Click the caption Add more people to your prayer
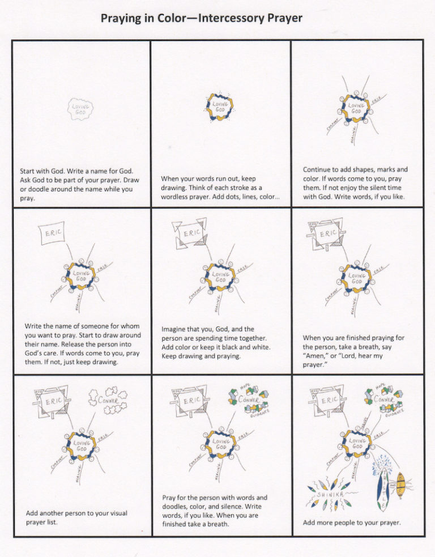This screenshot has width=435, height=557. tap(352, 522)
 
